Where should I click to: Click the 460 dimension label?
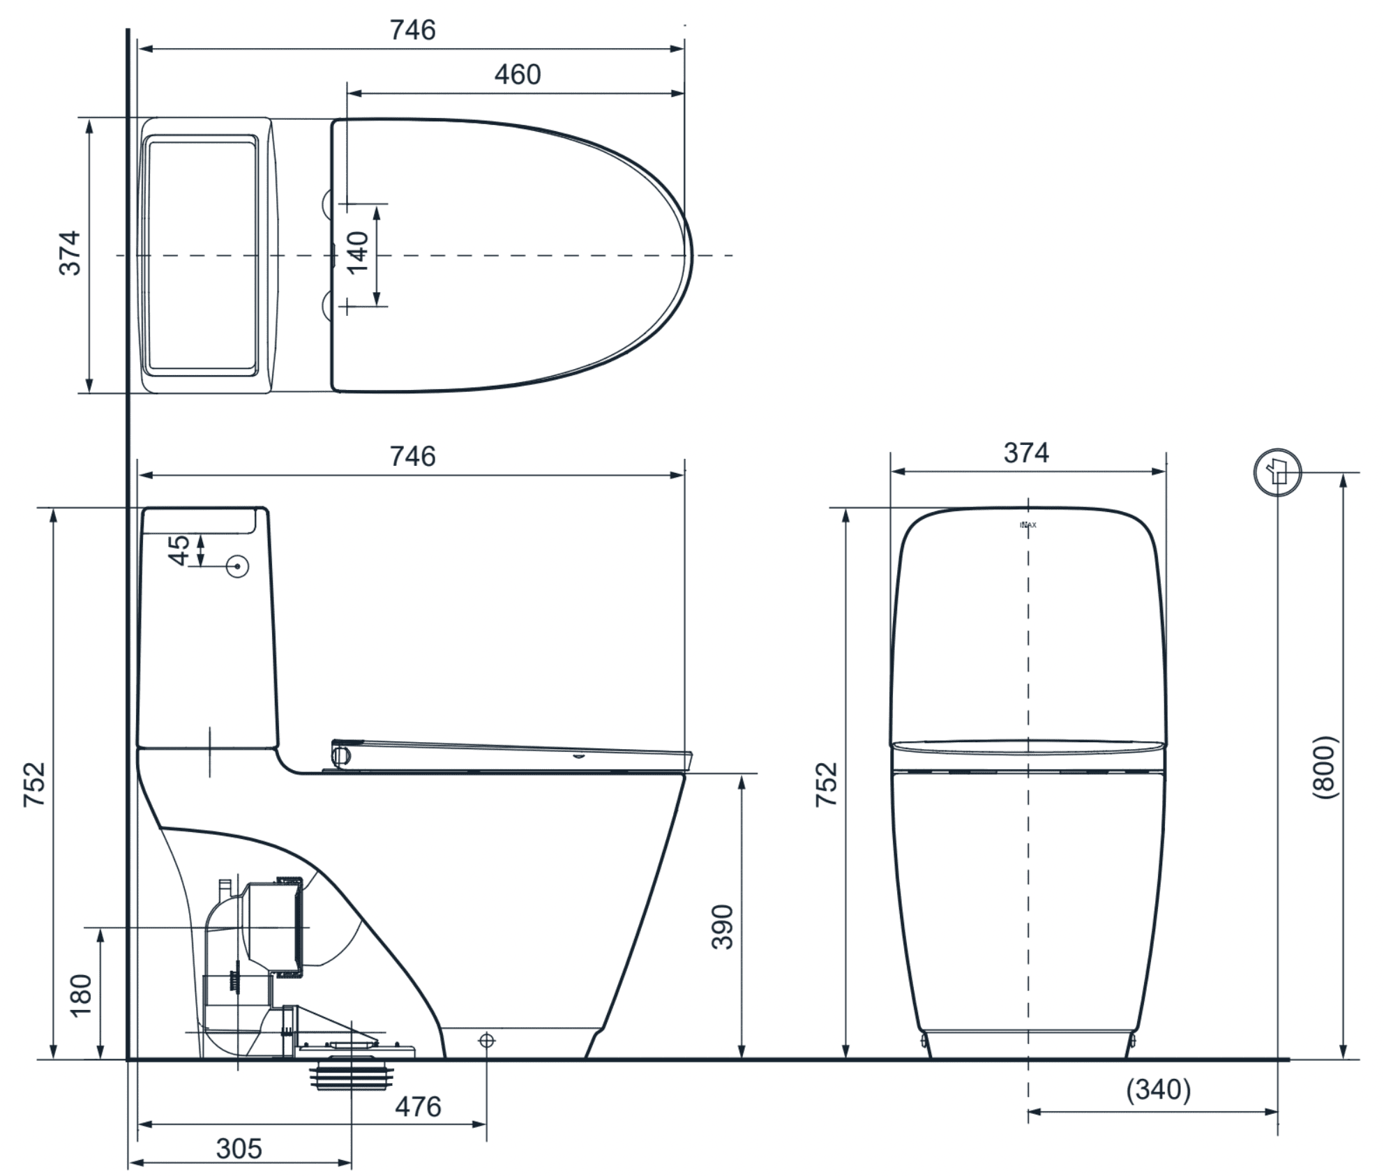[x=517, y=75]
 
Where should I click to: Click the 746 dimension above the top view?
[x=412, y=30]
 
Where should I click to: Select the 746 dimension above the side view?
[x=412, y=456]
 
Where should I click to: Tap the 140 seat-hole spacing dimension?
[x=358, y=253]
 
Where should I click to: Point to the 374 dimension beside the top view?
[x=70, y=253]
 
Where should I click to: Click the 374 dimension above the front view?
[x=1026, y=453]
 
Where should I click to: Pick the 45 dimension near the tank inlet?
[x=180, y=550]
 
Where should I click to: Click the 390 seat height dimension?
[x=723, y=927]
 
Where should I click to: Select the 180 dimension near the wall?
[x=82, y=995]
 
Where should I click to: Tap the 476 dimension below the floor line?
[x=418, y=1107]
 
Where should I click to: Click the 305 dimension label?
[x=239, y=1149]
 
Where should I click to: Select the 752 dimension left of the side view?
[x=34, y=785]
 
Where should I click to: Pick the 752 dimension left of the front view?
[x=827, y=785]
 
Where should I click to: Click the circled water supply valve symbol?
[x=1277, y=473]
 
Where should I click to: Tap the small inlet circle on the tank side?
[x=238, y=566]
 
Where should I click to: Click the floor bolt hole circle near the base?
[x=487, y=1041]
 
